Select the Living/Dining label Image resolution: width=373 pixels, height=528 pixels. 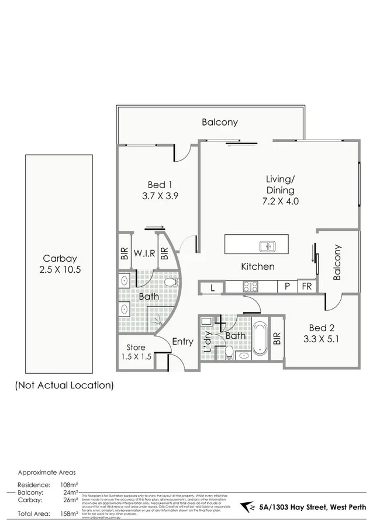[x=281, y=190]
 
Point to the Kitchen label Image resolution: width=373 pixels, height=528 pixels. [x=258, y=266]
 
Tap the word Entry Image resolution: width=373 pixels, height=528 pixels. [x=182, y=342]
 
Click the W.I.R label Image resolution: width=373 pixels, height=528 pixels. [x=144, y=254]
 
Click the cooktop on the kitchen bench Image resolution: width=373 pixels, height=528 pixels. [x=251, y=287]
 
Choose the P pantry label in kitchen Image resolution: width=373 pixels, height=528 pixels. [x=288, y=287]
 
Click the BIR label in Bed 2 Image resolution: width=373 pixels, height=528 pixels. [x=277, y=338]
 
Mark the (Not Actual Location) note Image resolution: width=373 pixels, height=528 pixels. [x=64, y=385]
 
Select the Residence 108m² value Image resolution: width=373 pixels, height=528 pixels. [x=68, y=485]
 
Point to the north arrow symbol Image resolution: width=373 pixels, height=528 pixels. [x=249, y=508]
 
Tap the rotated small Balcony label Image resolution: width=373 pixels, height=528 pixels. [x=337, y=262]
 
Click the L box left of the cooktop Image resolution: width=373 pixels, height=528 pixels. [x=213, y=287]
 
